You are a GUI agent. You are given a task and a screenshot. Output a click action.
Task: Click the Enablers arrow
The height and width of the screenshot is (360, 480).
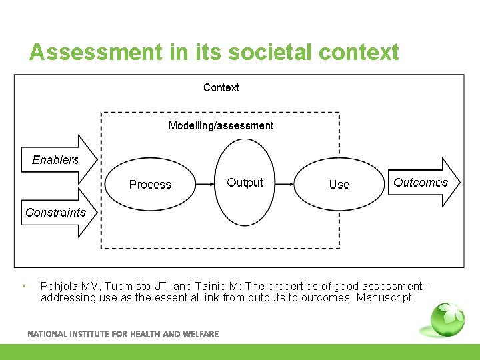point(57,160)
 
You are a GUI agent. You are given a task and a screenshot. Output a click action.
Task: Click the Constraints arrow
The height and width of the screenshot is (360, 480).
point(57,213)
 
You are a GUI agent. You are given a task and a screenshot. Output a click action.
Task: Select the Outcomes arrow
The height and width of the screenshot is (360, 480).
point(422,183)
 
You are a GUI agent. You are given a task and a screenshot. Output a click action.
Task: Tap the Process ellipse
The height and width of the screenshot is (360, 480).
point(150,185)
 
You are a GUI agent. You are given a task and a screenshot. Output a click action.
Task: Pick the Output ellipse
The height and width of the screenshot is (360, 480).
point(245,183)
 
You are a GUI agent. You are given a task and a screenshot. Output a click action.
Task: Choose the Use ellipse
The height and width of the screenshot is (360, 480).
point(339,185)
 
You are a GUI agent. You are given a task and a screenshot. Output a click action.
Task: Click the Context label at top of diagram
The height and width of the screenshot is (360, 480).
point(221,87)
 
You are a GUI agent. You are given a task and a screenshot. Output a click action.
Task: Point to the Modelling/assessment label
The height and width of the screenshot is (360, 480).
point(221,125)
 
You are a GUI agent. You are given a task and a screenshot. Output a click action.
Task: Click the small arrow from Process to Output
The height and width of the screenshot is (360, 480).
point(206,184)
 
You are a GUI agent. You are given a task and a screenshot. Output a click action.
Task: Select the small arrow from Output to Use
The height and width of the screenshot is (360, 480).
point(285,184)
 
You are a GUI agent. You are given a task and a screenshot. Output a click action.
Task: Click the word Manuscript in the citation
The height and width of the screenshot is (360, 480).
point(385,298)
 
